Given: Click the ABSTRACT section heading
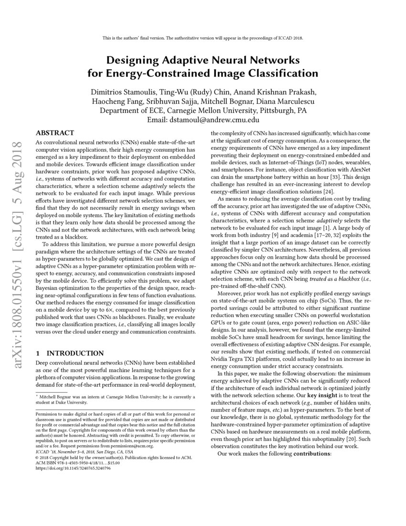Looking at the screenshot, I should pyautogui.click(x=55, y=132).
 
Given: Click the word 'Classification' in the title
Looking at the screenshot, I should pyautogui.click(x=273, y=73).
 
